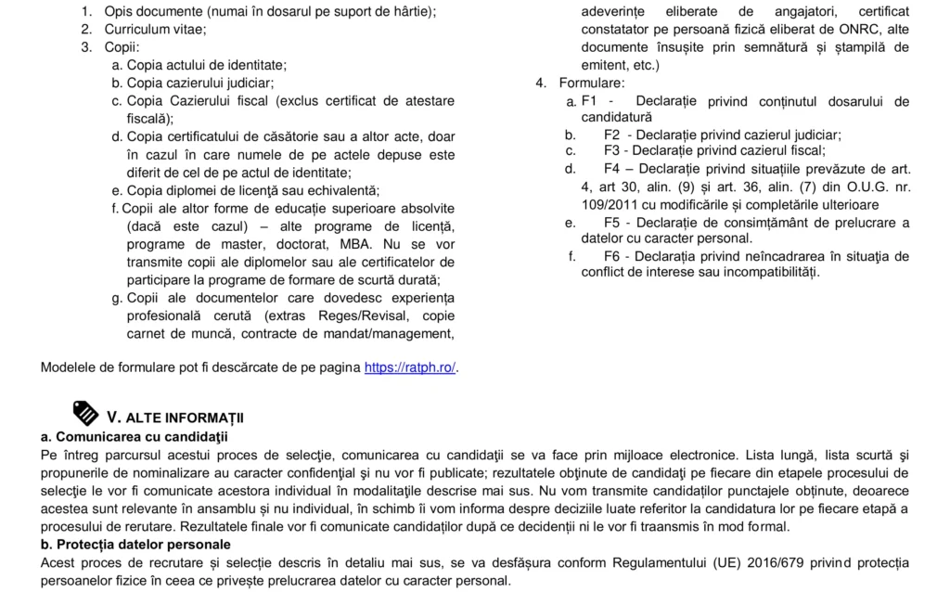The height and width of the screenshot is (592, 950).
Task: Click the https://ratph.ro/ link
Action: pyautogui.click(x=410, y=367)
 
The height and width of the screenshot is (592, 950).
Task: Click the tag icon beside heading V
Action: pyautogui.click(x=85, y=413)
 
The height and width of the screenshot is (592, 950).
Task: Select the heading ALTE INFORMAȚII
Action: pyautogui.click(x=185, y=418)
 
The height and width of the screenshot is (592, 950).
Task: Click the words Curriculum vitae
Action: pyautogui.click(x=142, y=29)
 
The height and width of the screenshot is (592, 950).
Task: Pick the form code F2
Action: pyautogui.click(x=612, y=135)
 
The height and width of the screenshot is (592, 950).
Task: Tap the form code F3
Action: pyautogui.click(x=612, y=149)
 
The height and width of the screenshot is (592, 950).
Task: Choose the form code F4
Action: pyautogui.click(x=612, y=169)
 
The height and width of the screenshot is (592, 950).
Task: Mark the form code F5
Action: pyautogui.click(x=612, y=223)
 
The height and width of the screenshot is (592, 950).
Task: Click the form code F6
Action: pyautogui.click(x=612, y=256)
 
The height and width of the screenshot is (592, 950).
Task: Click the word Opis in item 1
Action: pyautogui.click(x=120, y=11)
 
